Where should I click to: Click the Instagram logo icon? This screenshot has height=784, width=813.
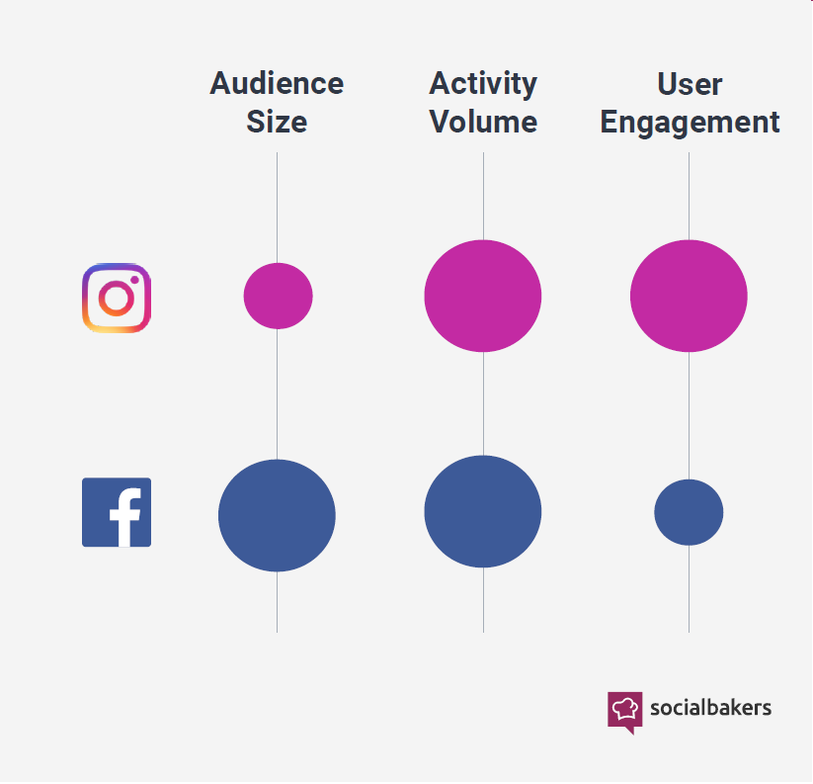point(116,298)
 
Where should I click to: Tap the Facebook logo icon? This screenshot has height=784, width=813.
point(117,512)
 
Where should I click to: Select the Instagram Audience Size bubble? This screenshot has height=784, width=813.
point(278,296)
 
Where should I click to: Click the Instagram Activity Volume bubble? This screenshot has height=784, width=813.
point(483,296)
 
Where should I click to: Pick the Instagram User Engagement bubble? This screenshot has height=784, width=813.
point(689,296)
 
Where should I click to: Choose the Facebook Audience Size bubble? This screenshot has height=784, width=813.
point(277,515)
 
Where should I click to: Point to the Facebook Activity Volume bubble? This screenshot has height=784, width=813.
point(483,511)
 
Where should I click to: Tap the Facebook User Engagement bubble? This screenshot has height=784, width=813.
point(689,512)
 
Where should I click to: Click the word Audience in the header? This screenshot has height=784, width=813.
point(277,84)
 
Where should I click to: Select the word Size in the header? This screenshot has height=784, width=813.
point(277,122)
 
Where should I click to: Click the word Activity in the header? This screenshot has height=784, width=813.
point(483,84)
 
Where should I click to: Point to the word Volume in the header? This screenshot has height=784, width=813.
point(483,122)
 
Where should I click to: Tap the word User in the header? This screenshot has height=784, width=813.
point(690,84)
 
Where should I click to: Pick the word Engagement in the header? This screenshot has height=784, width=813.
point(690,122)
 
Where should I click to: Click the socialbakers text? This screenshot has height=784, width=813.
point(711,708)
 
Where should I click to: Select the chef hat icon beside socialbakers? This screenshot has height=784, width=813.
point(625,709)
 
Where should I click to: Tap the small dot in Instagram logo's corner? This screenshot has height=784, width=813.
point(134,280)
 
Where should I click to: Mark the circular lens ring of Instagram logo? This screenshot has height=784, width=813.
point(106,298)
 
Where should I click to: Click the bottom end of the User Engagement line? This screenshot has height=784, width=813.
point(689,630)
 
